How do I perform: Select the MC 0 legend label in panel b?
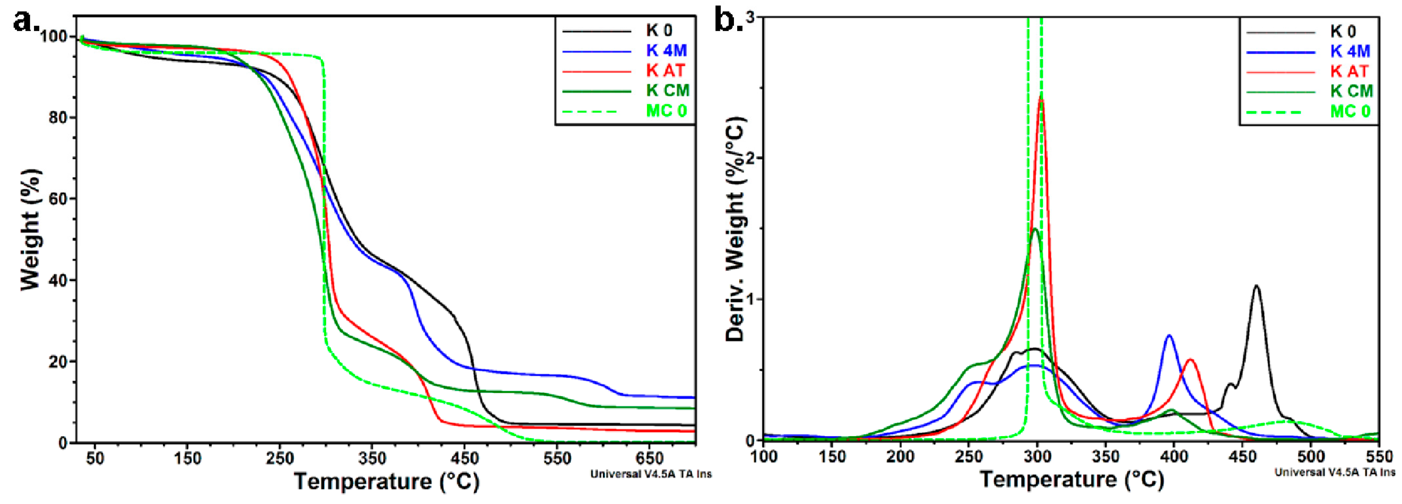1350,111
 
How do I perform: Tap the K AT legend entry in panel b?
1349,71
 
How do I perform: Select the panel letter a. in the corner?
26,22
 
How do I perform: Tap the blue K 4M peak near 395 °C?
1168,336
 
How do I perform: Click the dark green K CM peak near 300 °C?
1035,229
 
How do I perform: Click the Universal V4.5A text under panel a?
650,474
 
